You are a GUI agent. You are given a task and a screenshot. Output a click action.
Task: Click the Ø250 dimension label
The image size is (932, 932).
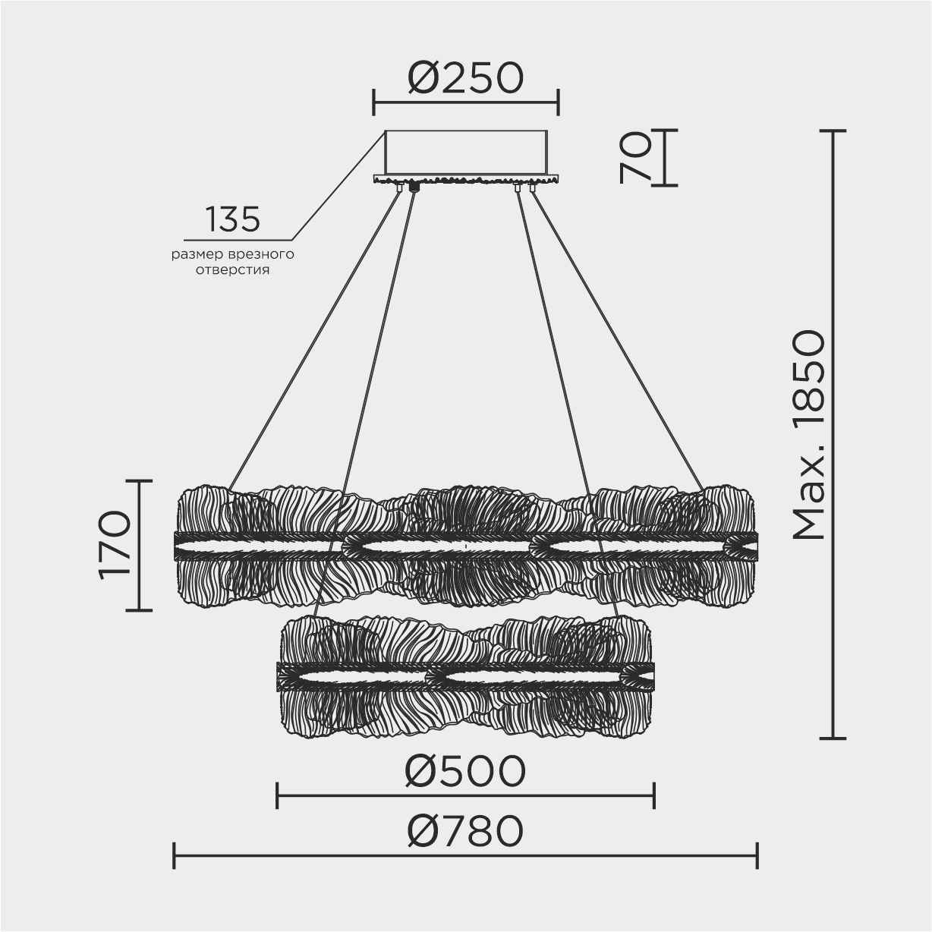click(x=466, y=77)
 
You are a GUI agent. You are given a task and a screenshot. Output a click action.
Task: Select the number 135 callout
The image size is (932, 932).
click(x=233, y=219)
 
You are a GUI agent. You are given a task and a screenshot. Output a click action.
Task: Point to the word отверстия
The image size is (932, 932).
click(x=233, y=270)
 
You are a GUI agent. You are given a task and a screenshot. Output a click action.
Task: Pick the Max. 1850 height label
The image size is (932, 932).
click(x=807, y=436)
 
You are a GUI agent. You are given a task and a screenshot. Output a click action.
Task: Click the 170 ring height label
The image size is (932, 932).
click(x=115, y=545)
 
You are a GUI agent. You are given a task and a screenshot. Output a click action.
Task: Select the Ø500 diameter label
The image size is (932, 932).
click(x=465, y=772)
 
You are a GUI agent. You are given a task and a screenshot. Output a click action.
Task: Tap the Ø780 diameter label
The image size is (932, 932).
click(x=465, y=831)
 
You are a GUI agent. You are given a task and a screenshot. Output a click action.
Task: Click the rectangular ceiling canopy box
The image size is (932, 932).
click(x=466, y=153)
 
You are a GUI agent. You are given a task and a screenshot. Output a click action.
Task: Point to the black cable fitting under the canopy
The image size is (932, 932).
click(x=414, y=186)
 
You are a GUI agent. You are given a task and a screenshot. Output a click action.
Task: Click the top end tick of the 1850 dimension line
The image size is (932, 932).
click(x=833, y=131)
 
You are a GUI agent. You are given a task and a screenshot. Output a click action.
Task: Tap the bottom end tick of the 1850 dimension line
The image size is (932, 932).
click(x=833, y=737)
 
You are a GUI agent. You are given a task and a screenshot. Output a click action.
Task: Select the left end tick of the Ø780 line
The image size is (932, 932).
click(x=175, y=855)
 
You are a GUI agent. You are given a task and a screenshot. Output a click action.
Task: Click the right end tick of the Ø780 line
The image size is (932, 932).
click(x=757, y=855)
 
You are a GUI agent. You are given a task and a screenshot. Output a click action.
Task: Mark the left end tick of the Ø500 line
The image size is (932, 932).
click(x=278, y=796)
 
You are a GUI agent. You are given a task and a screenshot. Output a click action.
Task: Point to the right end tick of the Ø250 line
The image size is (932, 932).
click(x=559, y=102)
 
